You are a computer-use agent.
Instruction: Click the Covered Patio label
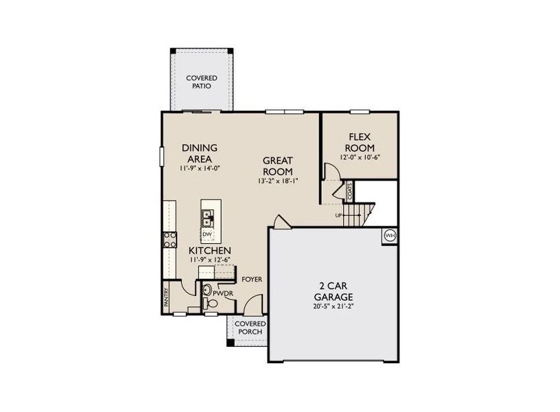(x=201, y=82)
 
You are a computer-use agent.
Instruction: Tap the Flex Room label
(x=359, y=142)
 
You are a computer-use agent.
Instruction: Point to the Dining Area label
(x=200, y=152)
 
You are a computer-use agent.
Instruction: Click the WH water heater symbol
(x=390, y=236)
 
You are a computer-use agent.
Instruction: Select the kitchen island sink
(x=207, y=219)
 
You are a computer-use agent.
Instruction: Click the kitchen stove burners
(x=170, y=240)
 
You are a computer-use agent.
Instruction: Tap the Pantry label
(x=166, y=296)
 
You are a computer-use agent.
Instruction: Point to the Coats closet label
(x=350, y=192)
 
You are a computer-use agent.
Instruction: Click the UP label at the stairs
(x=338, y=215)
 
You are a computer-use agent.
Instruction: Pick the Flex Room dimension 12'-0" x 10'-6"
(x=359, y=157)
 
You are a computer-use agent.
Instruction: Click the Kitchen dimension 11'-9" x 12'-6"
(x=210, y=260)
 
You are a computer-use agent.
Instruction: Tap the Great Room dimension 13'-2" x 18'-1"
(x=278, y=181)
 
